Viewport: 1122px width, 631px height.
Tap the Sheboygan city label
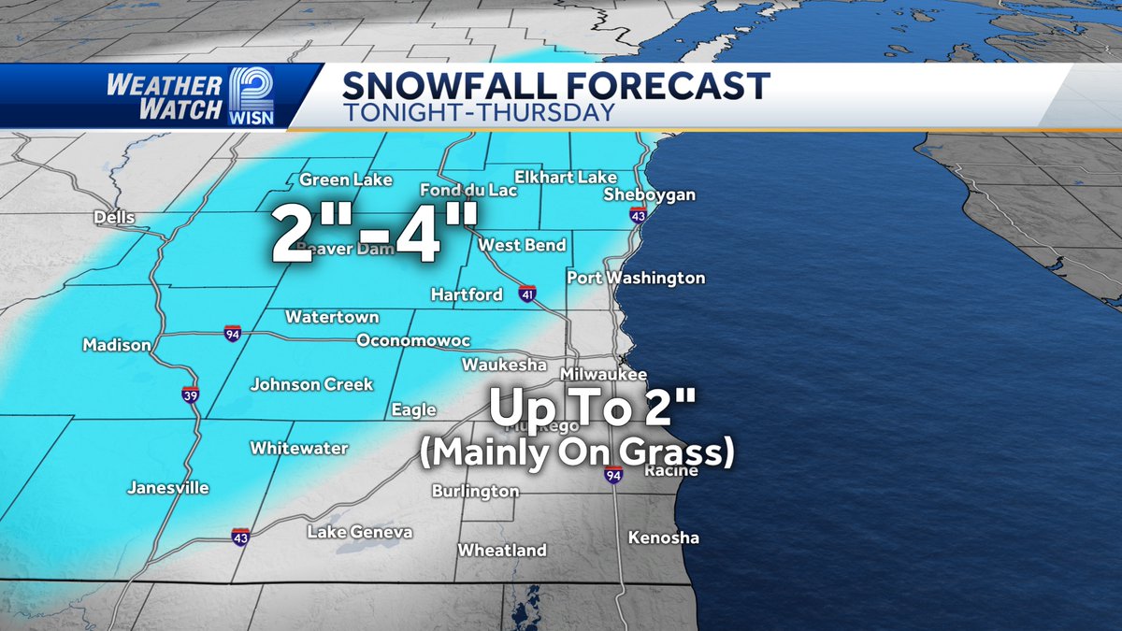click(x=650, y=194)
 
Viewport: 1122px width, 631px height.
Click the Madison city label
click(x=117, y=345)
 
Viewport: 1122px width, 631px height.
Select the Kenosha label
click(x=663, y=538)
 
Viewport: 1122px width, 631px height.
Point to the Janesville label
click(x=168, y=488)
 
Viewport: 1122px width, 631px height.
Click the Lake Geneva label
click(x=360, y=532)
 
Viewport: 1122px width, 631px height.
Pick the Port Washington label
click(x=636, y=278)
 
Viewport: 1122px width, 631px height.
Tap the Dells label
click(x=114, y=218)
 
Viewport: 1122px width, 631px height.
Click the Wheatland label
click(x=502, y=551)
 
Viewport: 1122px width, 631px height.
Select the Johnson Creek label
click(x=311, y=384)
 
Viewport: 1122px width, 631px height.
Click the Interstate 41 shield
click(x=528, y=294)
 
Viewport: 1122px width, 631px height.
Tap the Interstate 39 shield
click(x=190, y=394)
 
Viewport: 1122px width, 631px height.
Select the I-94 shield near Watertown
click(x=232, y=332)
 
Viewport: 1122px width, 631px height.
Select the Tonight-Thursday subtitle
click(x=478, y=112)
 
